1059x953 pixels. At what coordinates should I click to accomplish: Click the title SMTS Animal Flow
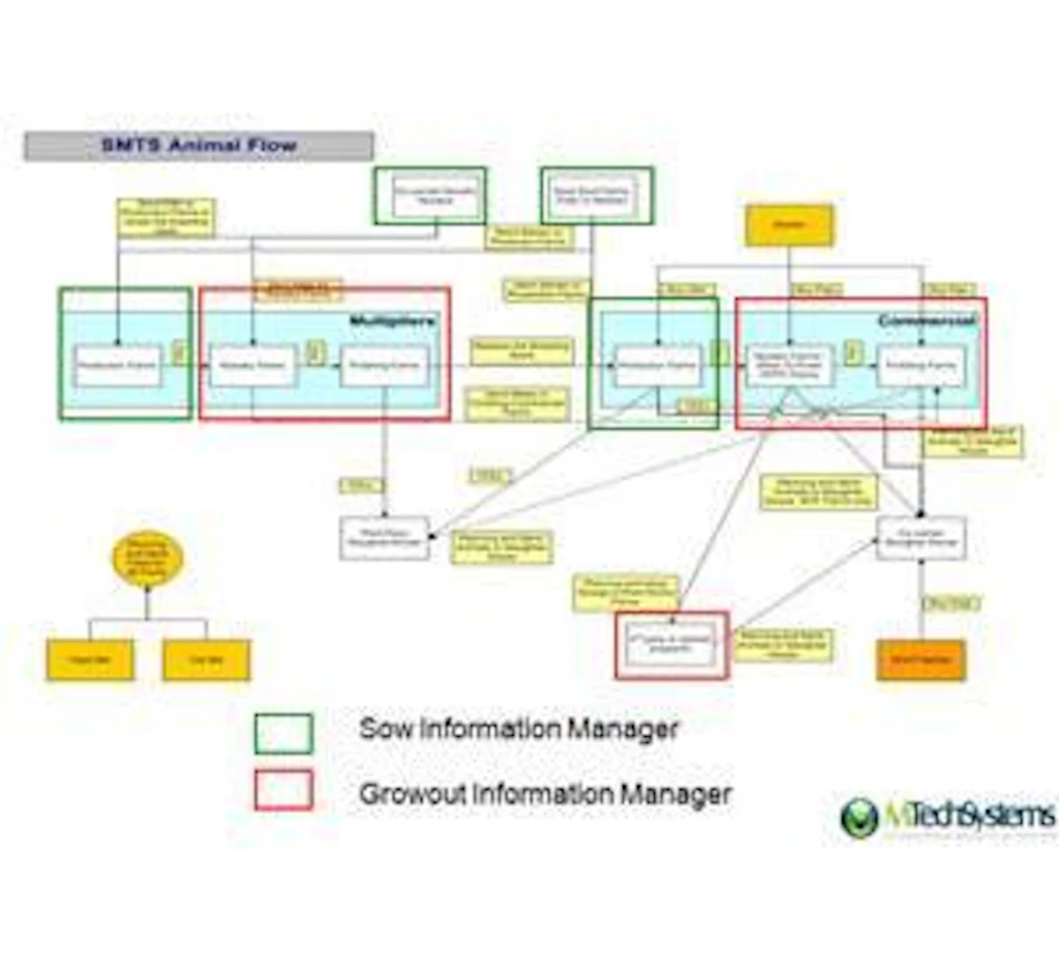(199, 146)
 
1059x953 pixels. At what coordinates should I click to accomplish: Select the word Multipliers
(392, 320)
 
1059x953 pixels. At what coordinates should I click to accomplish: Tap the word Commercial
(927, 321)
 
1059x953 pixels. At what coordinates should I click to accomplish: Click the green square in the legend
(283, 733)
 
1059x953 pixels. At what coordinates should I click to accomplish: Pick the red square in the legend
(283, 790)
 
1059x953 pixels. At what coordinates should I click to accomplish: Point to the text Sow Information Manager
(519, 729)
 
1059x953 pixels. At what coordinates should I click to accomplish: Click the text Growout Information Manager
(545, 793)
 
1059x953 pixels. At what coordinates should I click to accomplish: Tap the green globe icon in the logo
(860, 817)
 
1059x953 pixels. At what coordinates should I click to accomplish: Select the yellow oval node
(147, 559)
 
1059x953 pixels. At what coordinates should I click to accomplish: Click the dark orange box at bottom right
(920, 659)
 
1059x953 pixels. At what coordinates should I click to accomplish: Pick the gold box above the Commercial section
(789, 225)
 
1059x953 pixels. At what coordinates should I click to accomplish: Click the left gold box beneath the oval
(90, 660)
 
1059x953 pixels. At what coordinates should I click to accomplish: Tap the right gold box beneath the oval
(207, 660)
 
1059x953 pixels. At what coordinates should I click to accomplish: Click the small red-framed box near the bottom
(672, 645)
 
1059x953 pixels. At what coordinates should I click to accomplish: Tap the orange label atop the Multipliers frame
(298, 289)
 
